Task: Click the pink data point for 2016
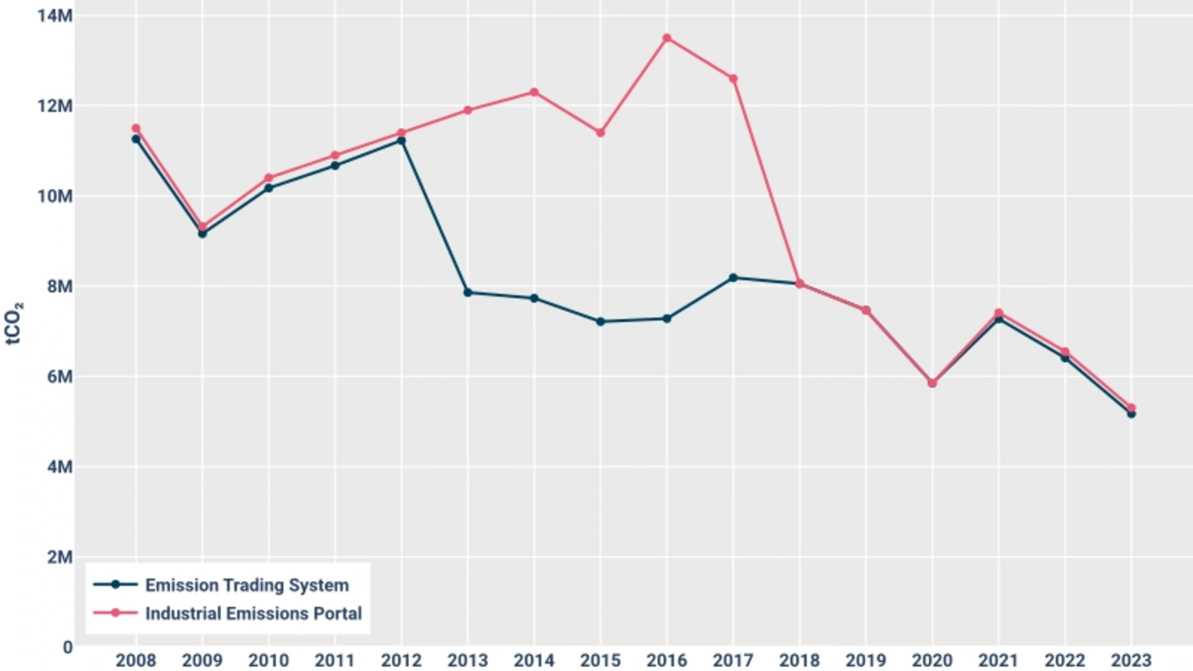[667, 38]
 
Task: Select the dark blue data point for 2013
[468, 293]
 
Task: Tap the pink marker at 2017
[733, 79]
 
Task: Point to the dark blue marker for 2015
[600, 322]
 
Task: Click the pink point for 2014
[534, 93]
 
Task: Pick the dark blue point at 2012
[401, 141]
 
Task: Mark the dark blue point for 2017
[733, 278]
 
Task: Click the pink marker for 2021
[999, 313]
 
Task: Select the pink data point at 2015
[600, 133]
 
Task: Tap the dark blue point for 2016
[667, 319]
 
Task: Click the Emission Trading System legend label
[247, 585]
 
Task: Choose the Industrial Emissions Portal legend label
[253, 614]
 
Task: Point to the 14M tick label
[55, 16]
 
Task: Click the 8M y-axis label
[60, 286]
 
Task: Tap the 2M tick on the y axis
[60, 557]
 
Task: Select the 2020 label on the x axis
[932, 660]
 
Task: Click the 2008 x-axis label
[135, 660]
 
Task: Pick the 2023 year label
[1131, 660]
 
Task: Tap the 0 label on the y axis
[67, 647]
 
